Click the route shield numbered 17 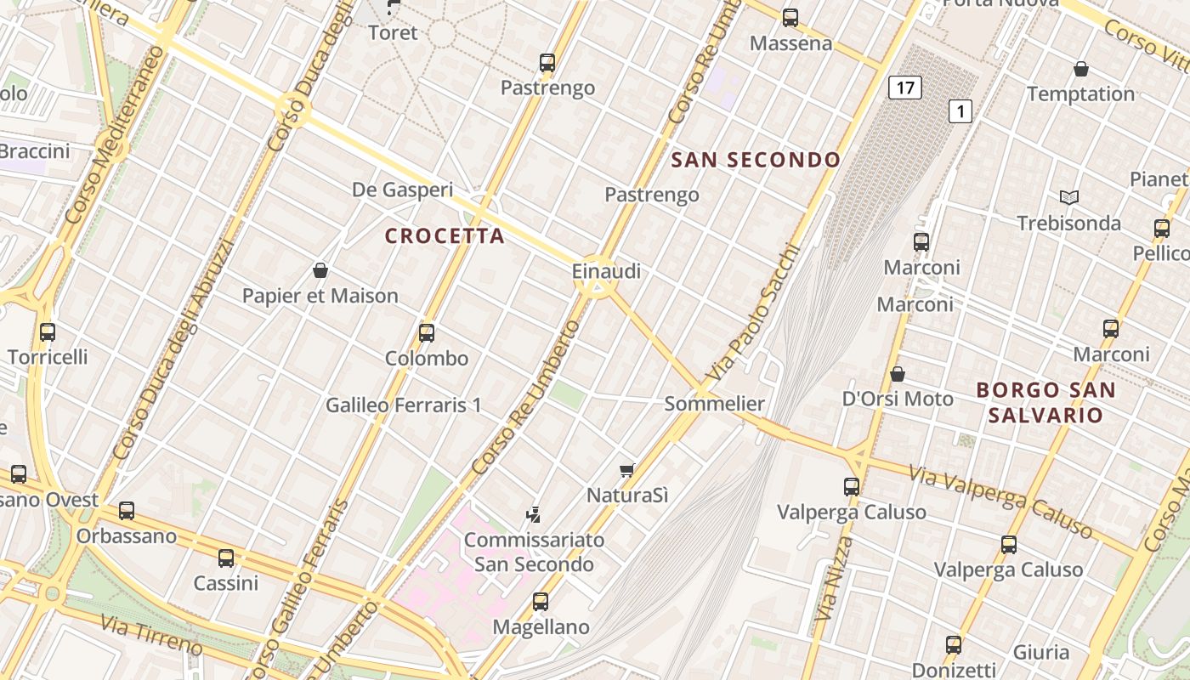905,87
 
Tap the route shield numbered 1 960,110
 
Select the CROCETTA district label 445,235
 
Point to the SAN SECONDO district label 756,159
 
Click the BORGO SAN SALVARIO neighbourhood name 1045,403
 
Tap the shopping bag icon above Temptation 1081,68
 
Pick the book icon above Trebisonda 1068,197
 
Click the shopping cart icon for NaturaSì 627,469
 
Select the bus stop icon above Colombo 427,332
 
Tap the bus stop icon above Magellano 541,602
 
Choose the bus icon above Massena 790,17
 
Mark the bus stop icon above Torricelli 48,331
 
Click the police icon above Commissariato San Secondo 534,513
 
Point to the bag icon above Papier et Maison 320,270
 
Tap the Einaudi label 606,271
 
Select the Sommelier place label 714,404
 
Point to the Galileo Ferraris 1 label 404,405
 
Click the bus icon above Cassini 226,558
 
